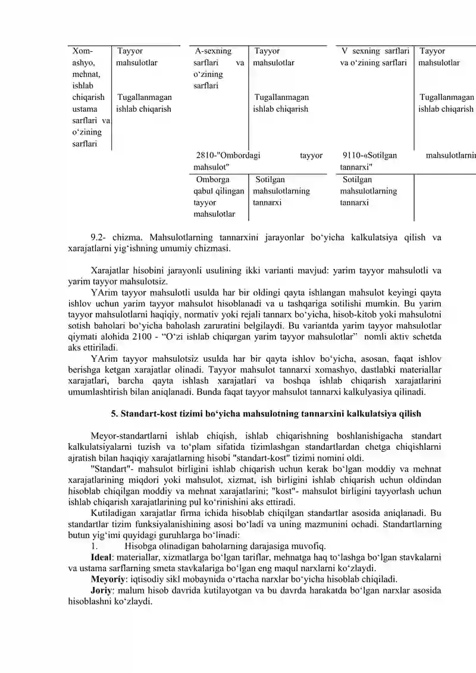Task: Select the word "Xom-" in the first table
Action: [81, 51]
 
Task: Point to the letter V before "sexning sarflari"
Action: [346, 51]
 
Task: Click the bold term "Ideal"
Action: [103, 557]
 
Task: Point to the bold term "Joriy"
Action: [102, 590]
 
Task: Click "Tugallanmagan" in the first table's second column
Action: [145, 97]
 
